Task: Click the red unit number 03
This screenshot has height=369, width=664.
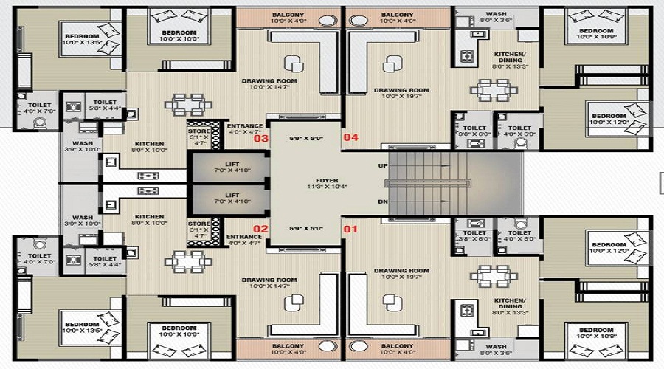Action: click(x=260, y=138)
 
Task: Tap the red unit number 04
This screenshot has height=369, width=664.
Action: click(x=350, y=137)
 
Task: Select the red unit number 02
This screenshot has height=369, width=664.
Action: click(x=260, y=229)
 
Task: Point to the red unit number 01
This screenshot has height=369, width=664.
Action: click(x=350, y=229)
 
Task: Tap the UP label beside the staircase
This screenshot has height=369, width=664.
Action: click(x=383, y=165)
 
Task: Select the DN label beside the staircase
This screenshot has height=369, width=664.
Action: click(x=383, y=201)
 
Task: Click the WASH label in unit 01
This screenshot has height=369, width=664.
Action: click(x=496, y=345)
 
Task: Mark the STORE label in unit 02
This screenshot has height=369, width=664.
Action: click(x=198, y=223)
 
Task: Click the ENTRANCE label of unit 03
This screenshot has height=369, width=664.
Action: click(x=245, y=126)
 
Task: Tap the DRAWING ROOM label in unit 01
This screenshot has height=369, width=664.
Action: click(x=401, y=270)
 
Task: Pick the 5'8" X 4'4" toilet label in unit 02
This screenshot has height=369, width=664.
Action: click(x=105, y=259)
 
